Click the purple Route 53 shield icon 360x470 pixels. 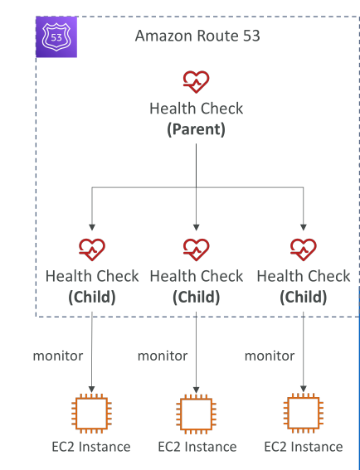tap(56, 36)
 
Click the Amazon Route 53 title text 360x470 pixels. tap(197, 36)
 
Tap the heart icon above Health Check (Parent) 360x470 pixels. tap(197, 82)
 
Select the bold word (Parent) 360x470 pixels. tap(197, 129)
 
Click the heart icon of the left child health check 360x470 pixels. tap(92, 250)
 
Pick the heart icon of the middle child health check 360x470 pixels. tap(197, 250)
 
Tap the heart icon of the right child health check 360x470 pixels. tap(304, 250)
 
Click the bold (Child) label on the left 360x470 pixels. tap(92, 297)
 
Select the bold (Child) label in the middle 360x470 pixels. tap(197, 297)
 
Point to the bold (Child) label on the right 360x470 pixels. tap(304, 297)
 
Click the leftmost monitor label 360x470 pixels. tap(58, 356)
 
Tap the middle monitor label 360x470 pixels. tap(163, 356)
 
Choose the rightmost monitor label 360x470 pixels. tap(270, 356)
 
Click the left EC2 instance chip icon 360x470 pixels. tap(92, 414)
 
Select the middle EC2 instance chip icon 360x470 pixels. tap(197, 414)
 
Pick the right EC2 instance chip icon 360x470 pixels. tap(304, 414)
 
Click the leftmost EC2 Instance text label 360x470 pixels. tap(91, 447)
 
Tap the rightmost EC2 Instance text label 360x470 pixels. tap(304, 447)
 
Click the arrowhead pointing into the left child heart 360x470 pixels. tap(92, 227)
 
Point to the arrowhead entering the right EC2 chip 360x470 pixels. tap(304, 389)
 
